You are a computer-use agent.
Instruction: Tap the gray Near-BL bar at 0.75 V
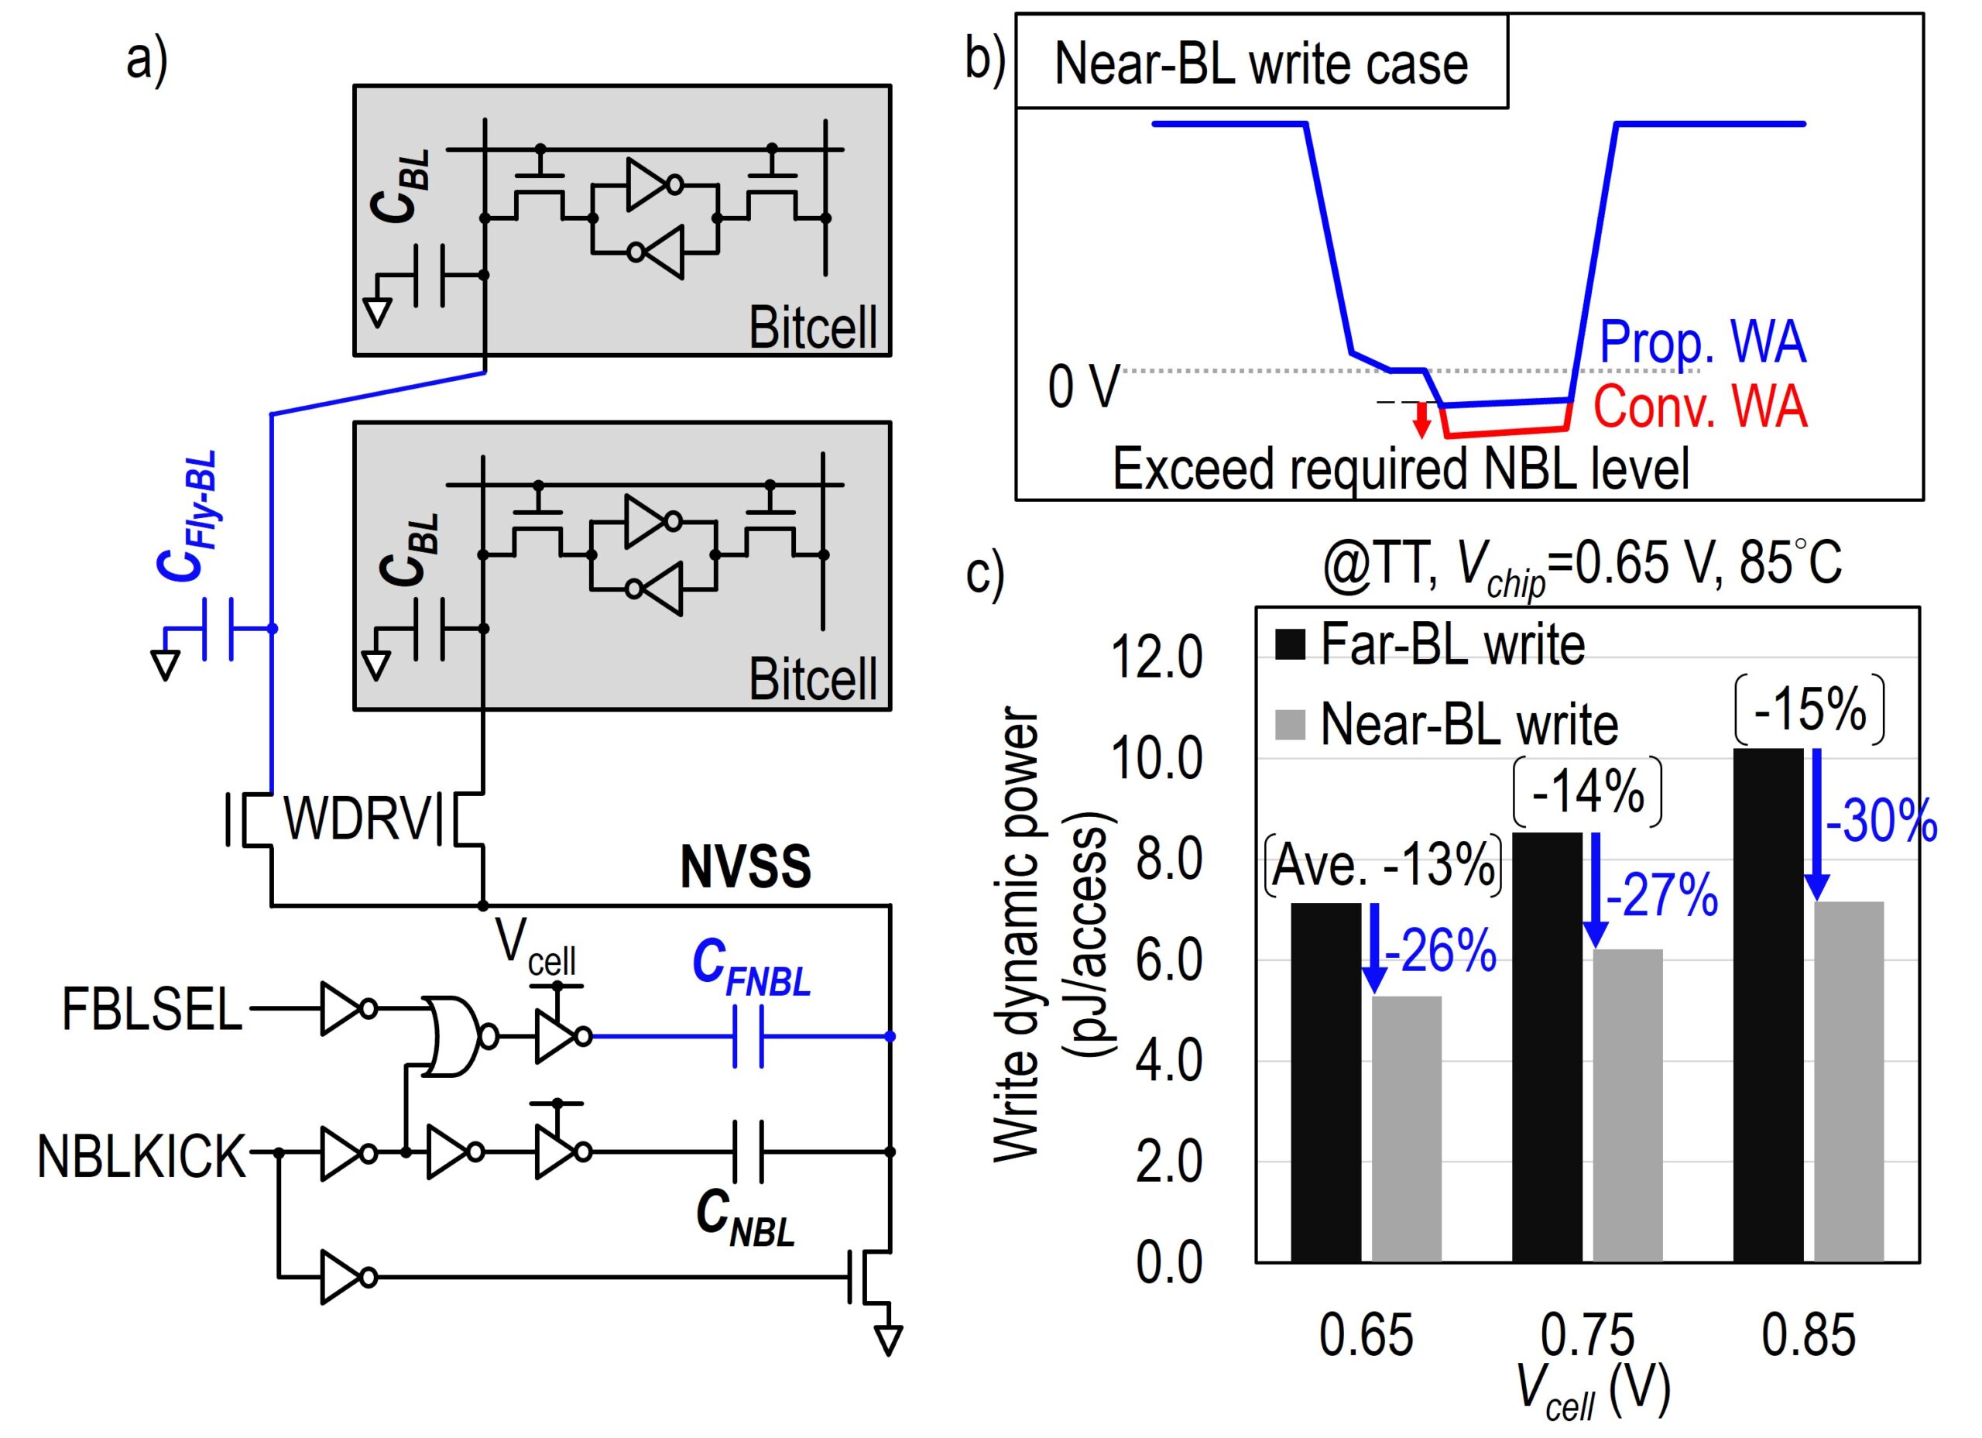click(x=1627, y=1105)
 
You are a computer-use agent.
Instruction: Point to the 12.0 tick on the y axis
click(x=1155, y=657)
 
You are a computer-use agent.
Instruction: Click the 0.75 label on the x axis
click(x=1587, y=1335)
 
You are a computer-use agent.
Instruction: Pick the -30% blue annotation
click(x=1881, y=822)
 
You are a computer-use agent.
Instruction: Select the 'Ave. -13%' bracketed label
click(x=1384, y=866)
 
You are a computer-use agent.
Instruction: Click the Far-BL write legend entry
click(x=1451, y=645)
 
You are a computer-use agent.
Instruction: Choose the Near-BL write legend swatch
click(x=1291, y=725)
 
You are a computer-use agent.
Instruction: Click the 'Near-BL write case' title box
click(x=1262, y=63)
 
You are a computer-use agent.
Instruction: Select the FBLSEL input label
click(x=151, y=1011)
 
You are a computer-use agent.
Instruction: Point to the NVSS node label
click(x=746, y=867)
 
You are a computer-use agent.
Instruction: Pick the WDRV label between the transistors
click(x=358, y=820)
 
